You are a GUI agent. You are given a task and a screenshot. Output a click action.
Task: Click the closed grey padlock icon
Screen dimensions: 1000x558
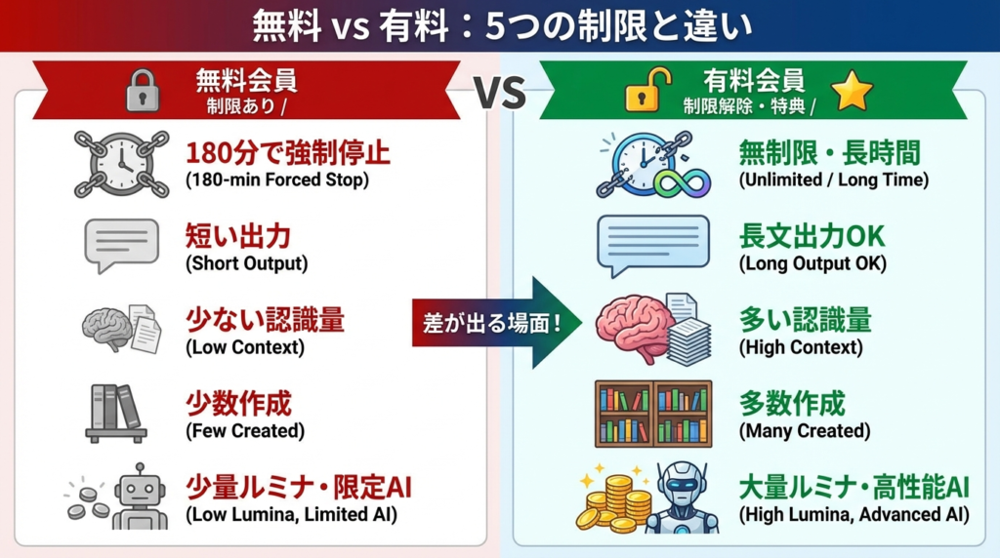(x=143, y=91)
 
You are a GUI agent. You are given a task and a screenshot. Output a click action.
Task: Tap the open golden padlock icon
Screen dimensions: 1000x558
(x=646, y=91)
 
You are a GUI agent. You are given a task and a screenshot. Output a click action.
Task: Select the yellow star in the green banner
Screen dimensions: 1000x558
(x=852, y=91)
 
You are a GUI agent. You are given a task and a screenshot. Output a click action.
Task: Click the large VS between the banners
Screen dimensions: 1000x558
(x=500, y=93)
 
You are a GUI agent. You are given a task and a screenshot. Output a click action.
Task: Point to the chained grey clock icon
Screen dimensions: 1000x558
(x=122, y=164)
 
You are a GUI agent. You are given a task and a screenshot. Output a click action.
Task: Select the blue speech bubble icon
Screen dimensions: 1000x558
(x=652, y=245)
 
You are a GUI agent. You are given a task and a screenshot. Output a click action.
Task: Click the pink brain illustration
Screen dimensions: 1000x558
(x=632, y=328)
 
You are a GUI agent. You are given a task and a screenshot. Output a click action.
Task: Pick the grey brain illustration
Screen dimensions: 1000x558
(x=105, y=328)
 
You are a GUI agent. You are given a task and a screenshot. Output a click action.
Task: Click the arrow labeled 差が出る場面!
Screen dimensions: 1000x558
(x=497, y=323)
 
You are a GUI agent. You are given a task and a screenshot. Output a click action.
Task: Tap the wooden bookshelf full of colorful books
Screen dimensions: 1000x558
(x=653, y=414)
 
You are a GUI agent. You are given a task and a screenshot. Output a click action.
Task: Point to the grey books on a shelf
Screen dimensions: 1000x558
(x=116, y=413)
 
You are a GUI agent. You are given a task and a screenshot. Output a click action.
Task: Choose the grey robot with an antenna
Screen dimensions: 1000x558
(x=141, y=497)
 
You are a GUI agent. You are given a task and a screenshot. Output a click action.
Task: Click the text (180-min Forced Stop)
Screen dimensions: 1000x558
(x=277, y=179)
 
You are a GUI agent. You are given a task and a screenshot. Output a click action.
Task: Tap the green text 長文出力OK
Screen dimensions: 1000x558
(x=812, y=236)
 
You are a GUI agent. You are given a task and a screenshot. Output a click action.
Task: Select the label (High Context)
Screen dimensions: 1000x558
(x=801, y=347)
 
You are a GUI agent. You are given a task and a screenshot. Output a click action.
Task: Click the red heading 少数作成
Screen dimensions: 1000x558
(x=238, y=404)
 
